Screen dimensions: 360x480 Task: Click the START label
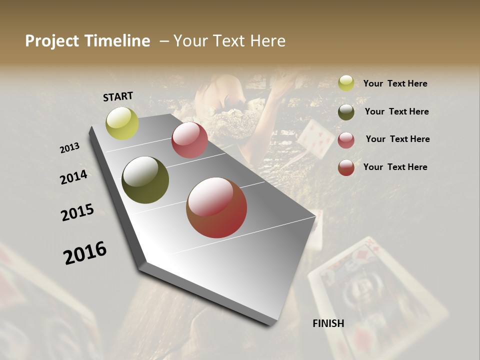[x=118, y=96]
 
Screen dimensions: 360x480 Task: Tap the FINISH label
[x=328, y=323]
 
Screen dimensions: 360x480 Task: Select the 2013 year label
[x=70, y=147]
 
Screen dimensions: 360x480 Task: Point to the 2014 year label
[x=74, y=177]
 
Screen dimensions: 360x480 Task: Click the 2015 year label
[x=77, y=212]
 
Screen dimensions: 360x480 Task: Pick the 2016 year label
[x=85, y=252]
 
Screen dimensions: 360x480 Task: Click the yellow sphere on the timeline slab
[x=122, y=123]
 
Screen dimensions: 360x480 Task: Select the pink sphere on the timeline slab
[x=189, y=140]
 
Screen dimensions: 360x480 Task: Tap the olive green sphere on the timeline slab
[x=145, y=180]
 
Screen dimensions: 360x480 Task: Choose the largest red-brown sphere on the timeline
[x=216, y=207]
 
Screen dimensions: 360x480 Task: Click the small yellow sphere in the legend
[x=346, y=83]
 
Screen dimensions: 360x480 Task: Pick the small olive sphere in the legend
[x=346, y=112]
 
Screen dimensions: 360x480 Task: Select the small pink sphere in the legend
[x=346, y=140]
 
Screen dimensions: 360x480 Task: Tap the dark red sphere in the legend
[x=346, y=167]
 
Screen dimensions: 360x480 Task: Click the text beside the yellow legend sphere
[x=395, y=83]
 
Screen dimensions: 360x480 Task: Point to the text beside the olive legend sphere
[x=396, y=111]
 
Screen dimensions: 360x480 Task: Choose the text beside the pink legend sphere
[x=397, y=139]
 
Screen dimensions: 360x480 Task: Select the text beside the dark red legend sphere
[x=395, y=167]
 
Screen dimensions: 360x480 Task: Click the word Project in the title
[x=52, y=41]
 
